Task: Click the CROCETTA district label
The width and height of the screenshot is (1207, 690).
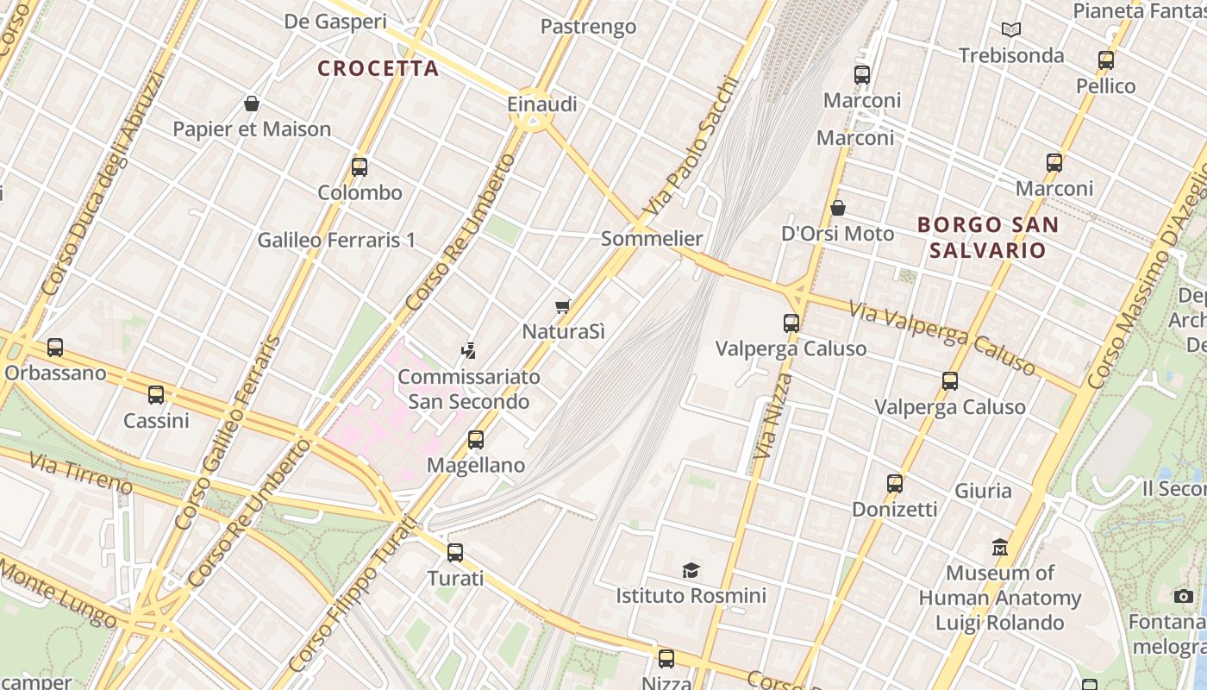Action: click(x=378, y=68)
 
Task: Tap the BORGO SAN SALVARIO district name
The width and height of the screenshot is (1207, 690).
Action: click(x=987, y=237)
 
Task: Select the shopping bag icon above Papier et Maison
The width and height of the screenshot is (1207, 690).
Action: click(x=252, y=103)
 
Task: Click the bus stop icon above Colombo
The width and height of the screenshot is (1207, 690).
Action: click(x=360, y=166)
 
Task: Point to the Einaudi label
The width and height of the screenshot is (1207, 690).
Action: click(x=541, y=104)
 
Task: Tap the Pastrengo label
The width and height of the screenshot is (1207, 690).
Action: click(x=588, y=27)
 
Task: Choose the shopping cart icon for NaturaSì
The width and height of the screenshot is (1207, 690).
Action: click(x=563, y=306)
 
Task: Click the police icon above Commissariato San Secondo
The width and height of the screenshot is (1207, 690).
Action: click(x=468, y=350)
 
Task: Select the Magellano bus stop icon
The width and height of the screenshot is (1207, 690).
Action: click(x=475, y=439)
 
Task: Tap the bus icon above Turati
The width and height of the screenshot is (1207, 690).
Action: click(x=455, y=552)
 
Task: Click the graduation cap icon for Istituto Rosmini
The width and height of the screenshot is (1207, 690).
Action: click(x=691, y=570)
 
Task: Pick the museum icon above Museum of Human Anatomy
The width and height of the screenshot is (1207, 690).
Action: click(x=1000, y=547)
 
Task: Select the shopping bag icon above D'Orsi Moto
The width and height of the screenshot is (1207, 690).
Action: click(x=837, y=208)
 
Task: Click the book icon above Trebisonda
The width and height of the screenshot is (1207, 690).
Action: click(x=1011, y=30)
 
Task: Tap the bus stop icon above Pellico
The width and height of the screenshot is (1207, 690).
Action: click(x=1106, y=60)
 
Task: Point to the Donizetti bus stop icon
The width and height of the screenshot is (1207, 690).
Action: click(x=894, y=483)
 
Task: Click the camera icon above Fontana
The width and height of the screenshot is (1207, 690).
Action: click(x=1184, y=596)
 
